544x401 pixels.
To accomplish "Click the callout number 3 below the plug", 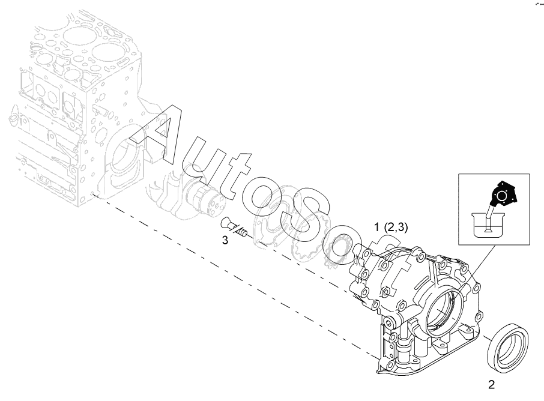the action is click(225, 240).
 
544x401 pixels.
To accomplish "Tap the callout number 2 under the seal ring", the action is click(491, 385).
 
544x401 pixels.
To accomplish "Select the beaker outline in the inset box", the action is click(488, 226).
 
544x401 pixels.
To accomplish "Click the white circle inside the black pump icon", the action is click(501, 196).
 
